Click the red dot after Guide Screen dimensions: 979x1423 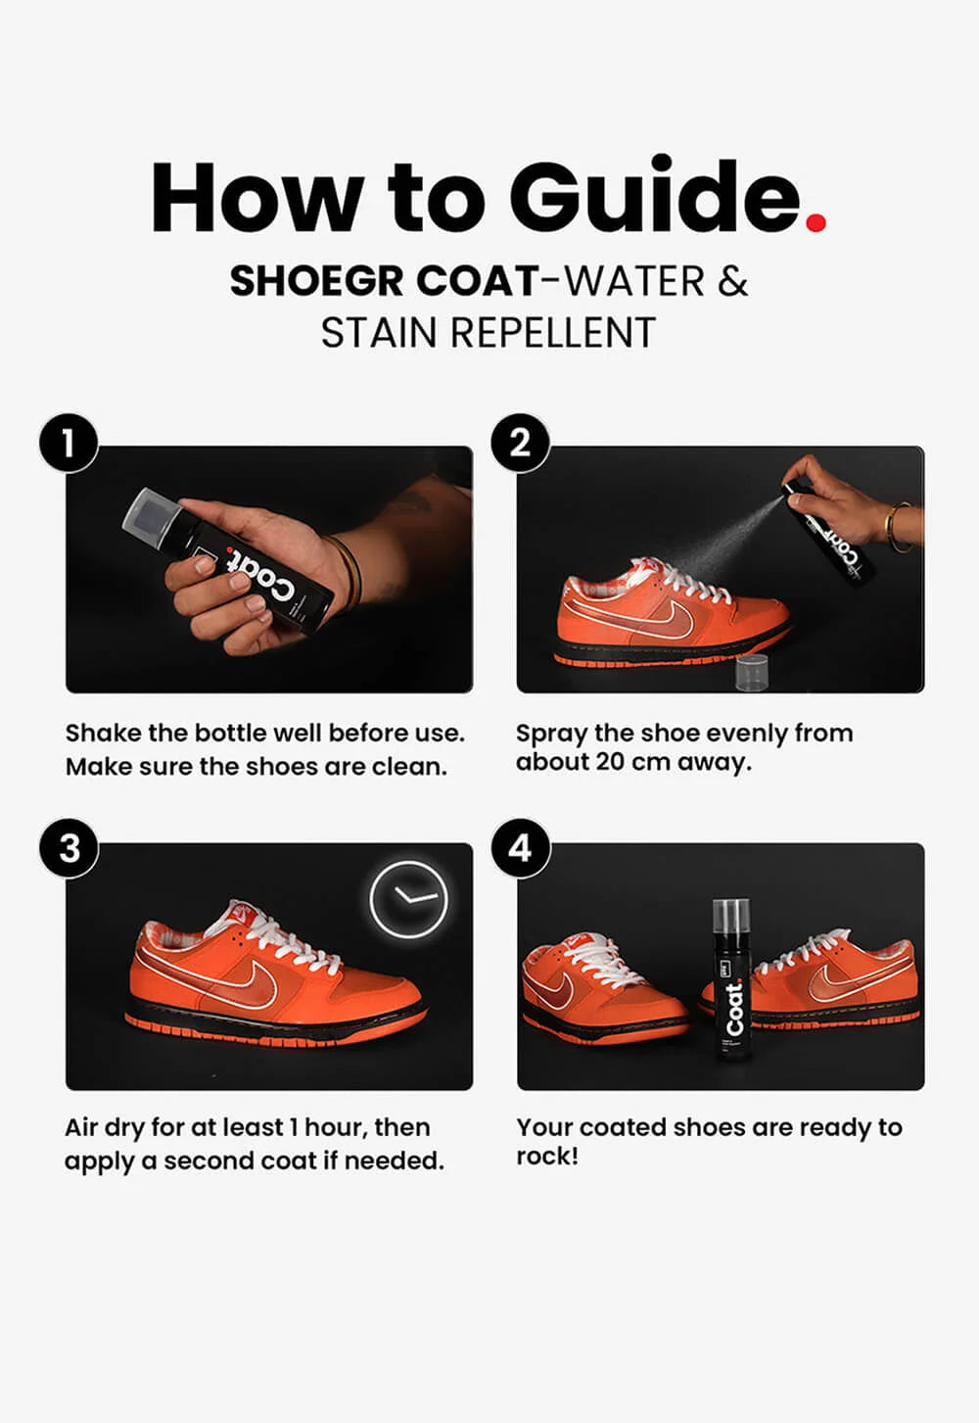coord(816,222)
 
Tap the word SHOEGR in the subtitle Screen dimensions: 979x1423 coord(316,281)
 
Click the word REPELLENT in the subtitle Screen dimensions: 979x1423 coord(552,332)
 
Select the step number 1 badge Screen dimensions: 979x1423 coord(69,444)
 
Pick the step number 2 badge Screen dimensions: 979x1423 coord(520,444)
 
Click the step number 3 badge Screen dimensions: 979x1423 coord(69,848)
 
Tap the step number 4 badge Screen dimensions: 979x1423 coord(520,848)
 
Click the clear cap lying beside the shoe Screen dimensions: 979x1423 coord(753,674)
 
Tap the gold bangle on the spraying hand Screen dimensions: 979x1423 coord(898,526)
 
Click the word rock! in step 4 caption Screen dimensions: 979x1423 coord(547,1157)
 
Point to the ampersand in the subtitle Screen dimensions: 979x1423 coord(733,281)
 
